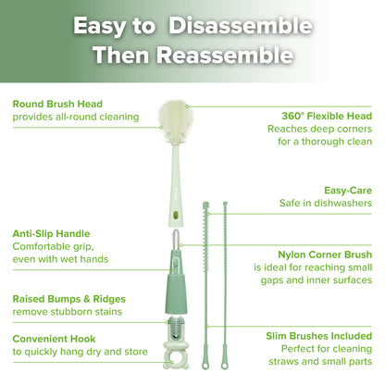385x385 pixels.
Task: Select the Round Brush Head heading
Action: click(x=57, y=104)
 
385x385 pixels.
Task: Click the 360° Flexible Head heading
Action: click(x=327, y=116)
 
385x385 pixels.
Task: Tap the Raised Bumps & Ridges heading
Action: click(x=68, y=299)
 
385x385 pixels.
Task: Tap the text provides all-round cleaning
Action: click(x=75, y=117)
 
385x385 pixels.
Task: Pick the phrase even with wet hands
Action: click(x=60, y=260)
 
